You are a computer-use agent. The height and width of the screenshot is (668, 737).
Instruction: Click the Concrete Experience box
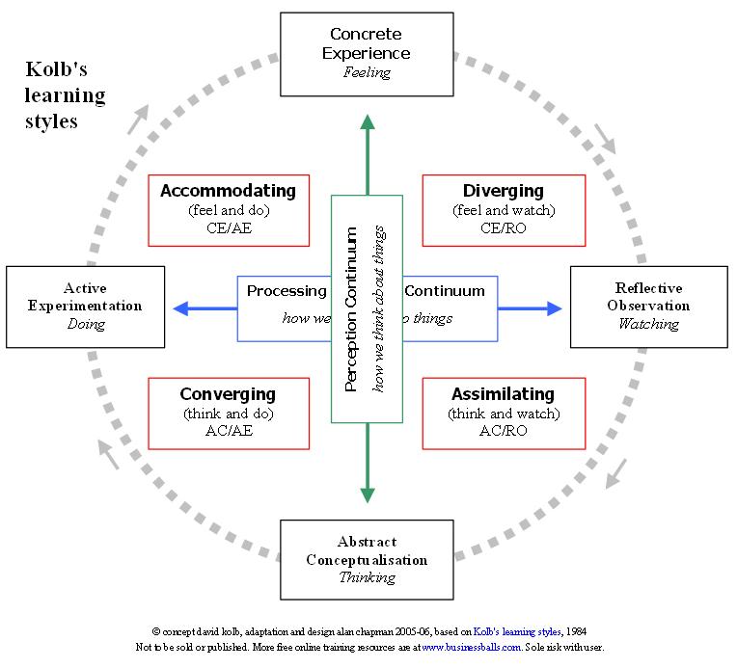point(367,54)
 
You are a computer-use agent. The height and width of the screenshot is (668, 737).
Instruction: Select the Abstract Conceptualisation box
point(367,559)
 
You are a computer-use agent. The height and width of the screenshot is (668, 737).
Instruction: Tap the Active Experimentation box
point(86,307)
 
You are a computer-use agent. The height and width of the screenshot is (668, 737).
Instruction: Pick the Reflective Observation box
point(648,307)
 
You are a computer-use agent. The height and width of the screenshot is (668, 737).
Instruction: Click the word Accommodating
point(228,191)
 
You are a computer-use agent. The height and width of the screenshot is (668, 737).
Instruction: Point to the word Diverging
point(504,191)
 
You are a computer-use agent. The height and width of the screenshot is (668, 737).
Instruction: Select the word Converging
point(228,394)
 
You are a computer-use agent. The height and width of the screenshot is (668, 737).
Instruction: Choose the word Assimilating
point(504,394)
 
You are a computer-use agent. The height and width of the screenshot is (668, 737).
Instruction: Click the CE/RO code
point(504,228)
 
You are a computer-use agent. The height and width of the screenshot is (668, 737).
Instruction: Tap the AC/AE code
point(228,431)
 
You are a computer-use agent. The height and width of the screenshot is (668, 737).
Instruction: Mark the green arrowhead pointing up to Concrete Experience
point(367,122)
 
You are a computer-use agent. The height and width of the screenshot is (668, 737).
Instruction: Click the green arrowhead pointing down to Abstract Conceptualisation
point(367,494)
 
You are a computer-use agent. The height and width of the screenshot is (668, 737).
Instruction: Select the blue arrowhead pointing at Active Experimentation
point(180,308)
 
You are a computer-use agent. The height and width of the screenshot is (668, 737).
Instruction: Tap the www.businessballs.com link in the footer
point(472,648)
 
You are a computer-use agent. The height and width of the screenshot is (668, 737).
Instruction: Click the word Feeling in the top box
point(367,72)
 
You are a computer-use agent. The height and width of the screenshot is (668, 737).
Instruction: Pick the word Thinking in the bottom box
point(367,577)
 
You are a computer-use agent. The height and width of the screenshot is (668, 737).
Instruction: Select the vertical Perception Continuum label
point(351,308)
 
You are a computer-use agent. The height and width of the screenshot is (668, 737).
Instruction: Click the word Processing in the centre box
point(287,291)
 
